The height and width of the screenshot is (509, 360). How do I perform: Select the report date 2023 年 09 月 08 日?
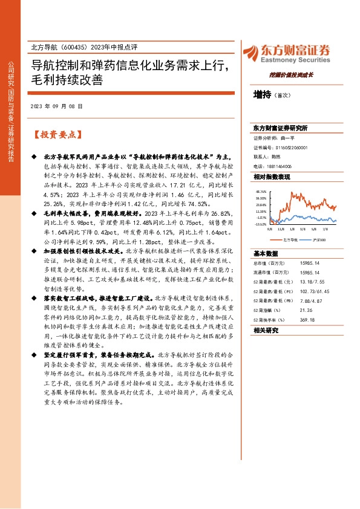point(56,106)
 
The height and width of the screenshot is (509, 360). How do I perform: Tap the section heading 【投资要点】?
point(57,134)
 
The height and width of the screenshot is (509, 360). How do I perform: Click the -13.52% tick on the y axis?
point(261,224)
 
